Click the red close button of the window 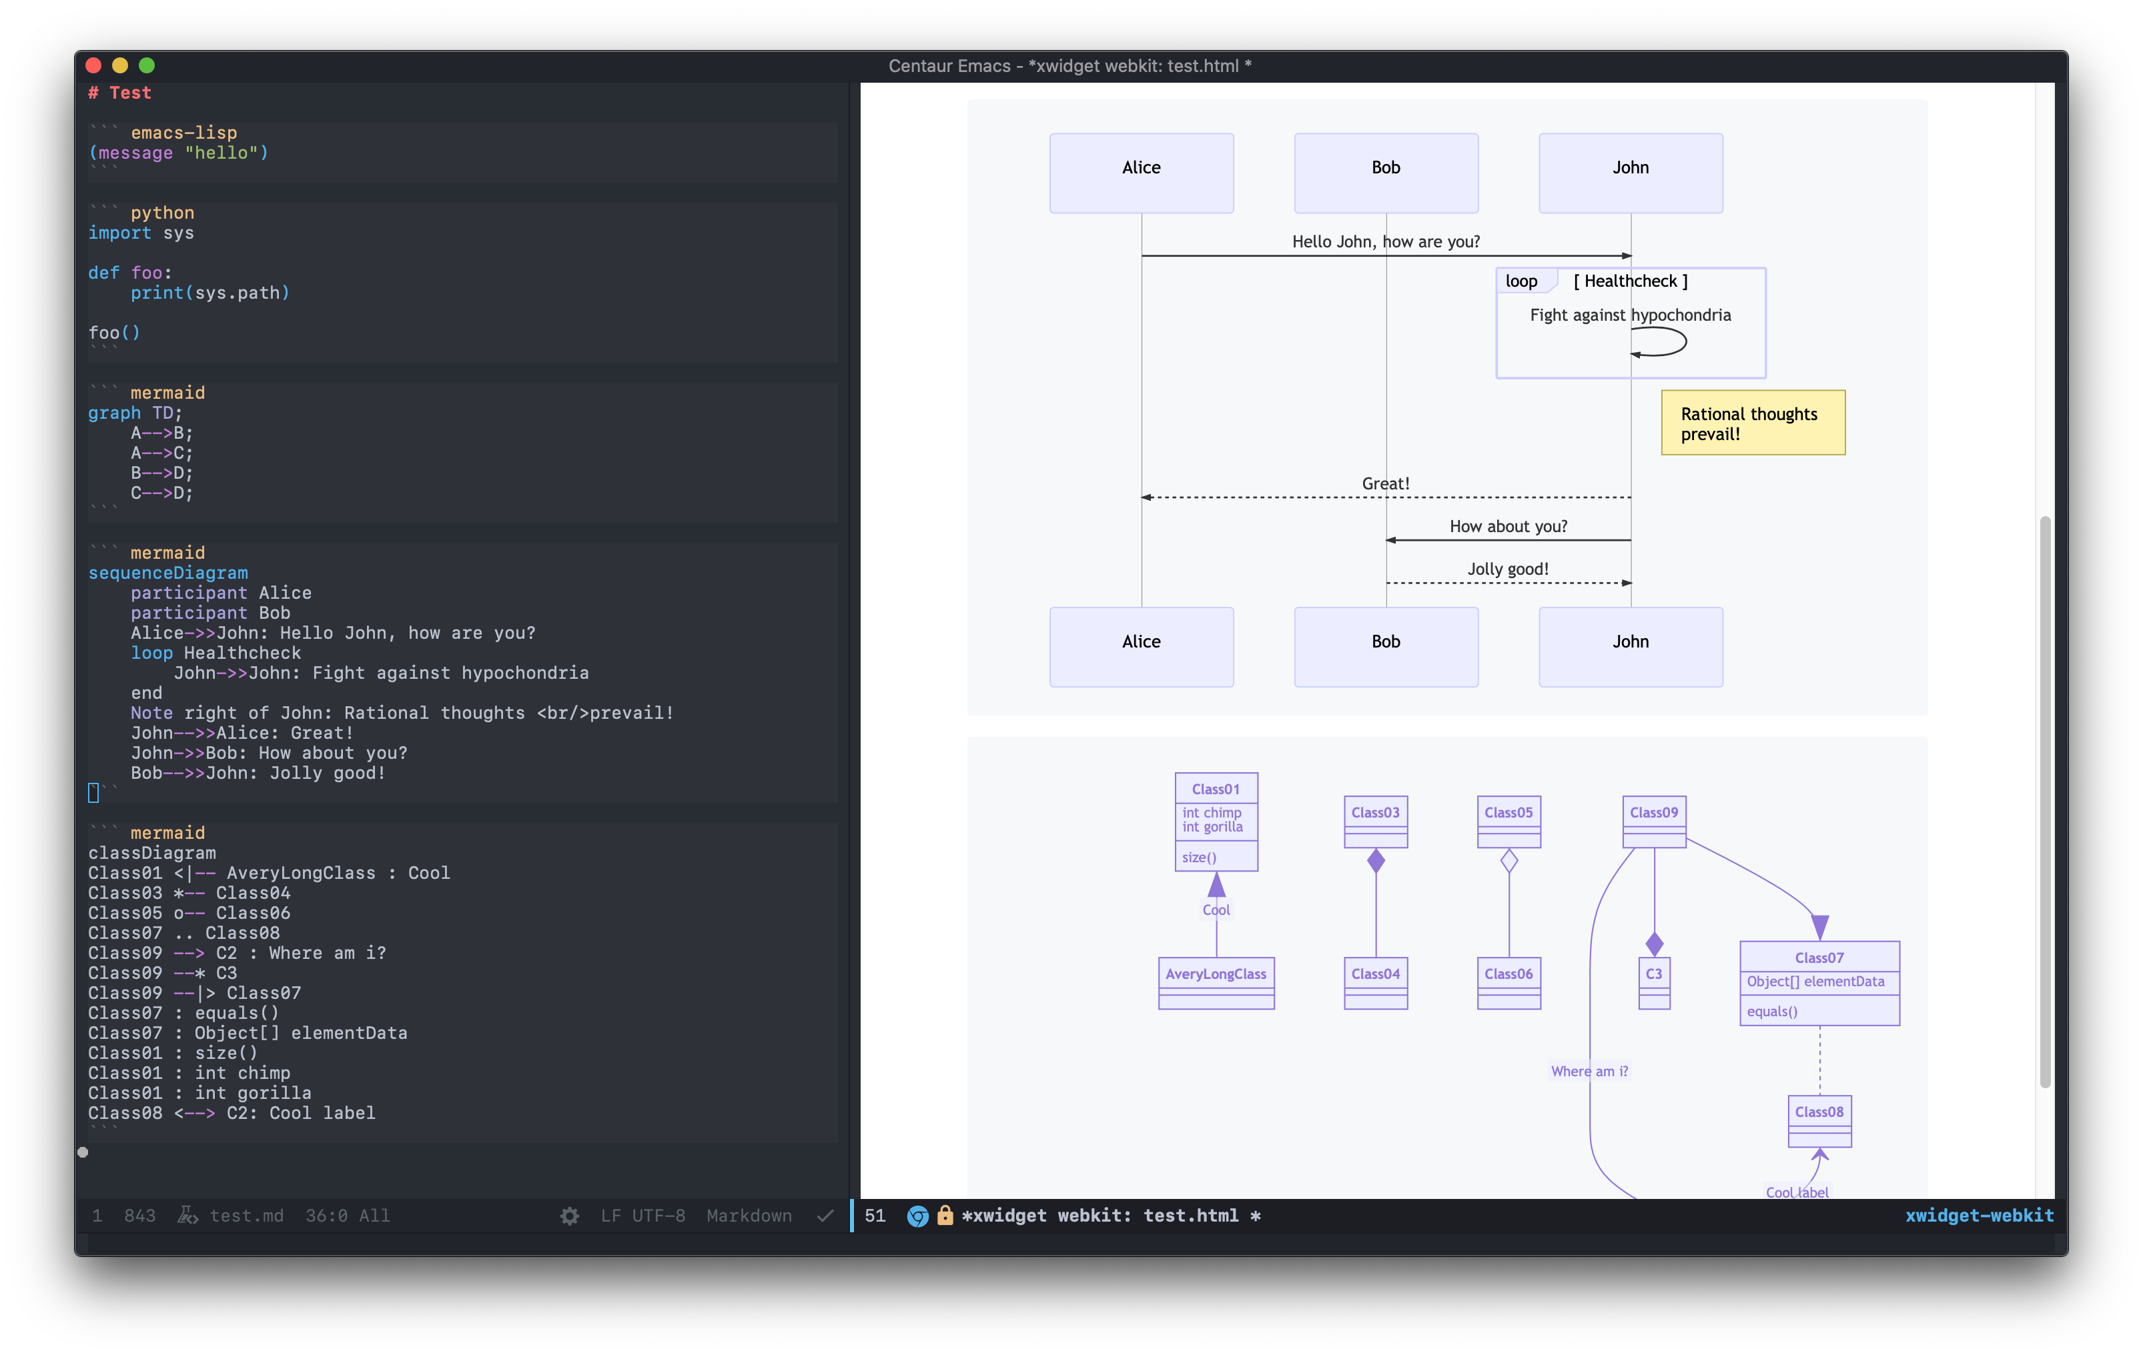(93, 65)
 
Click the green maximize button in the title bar (147, 65)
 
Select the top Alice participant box (1141, 173)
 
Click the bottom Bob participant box (1386, 647)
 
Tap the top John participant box (1631, 173)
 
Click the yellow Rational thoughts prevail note (1752, 423)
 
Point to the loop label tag (1522, 281)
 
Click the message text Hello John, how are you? (1386, 241)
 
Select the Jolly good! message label (1508, 569)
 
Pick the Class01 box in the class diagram (1216, 821)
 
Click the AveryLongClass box (1216, 982)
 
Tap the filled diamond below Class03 (1376, 860)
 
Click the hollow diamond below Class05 (1509, 860)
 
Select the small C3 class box (1653, 982)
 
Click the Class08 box (1819, 1120)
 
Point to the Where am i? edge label (1589, 1071)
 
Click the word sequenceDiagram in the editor (167, 573)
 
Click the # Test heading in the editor (120, 93)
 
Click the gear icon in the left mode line (570, 1216)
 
